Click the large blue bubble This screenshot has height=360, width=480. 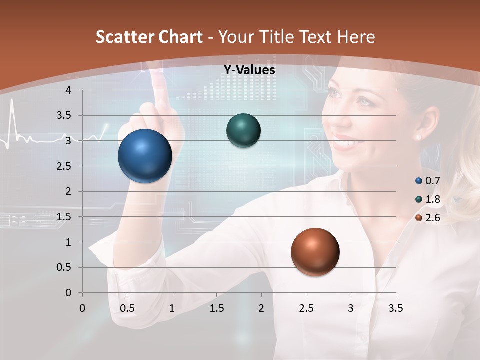(x=145, y=156)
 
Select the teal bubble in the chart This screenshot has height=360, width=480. (x=243, y=130)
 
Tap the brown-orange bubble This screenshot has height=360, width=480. (x=315, y=252)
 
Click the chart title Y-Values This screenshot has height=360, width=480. (x=249, y=70)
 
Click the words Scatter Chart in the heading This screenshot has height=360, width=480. (x=149, y=37)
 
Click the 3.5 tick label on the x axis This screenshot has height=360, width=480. (x=395, y=308)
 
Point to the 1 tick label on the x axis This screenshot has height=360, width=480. (x=172, y=308)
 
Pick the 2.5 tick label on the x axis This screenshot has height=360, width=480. (x=306, y=308)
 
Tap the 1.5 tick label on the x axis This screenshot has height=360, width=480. (x=216, y=308)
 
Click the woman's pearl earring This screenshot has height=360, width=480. (x=418, y=136)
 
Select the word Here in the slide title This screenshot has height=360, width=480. (x=356, y=37)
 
